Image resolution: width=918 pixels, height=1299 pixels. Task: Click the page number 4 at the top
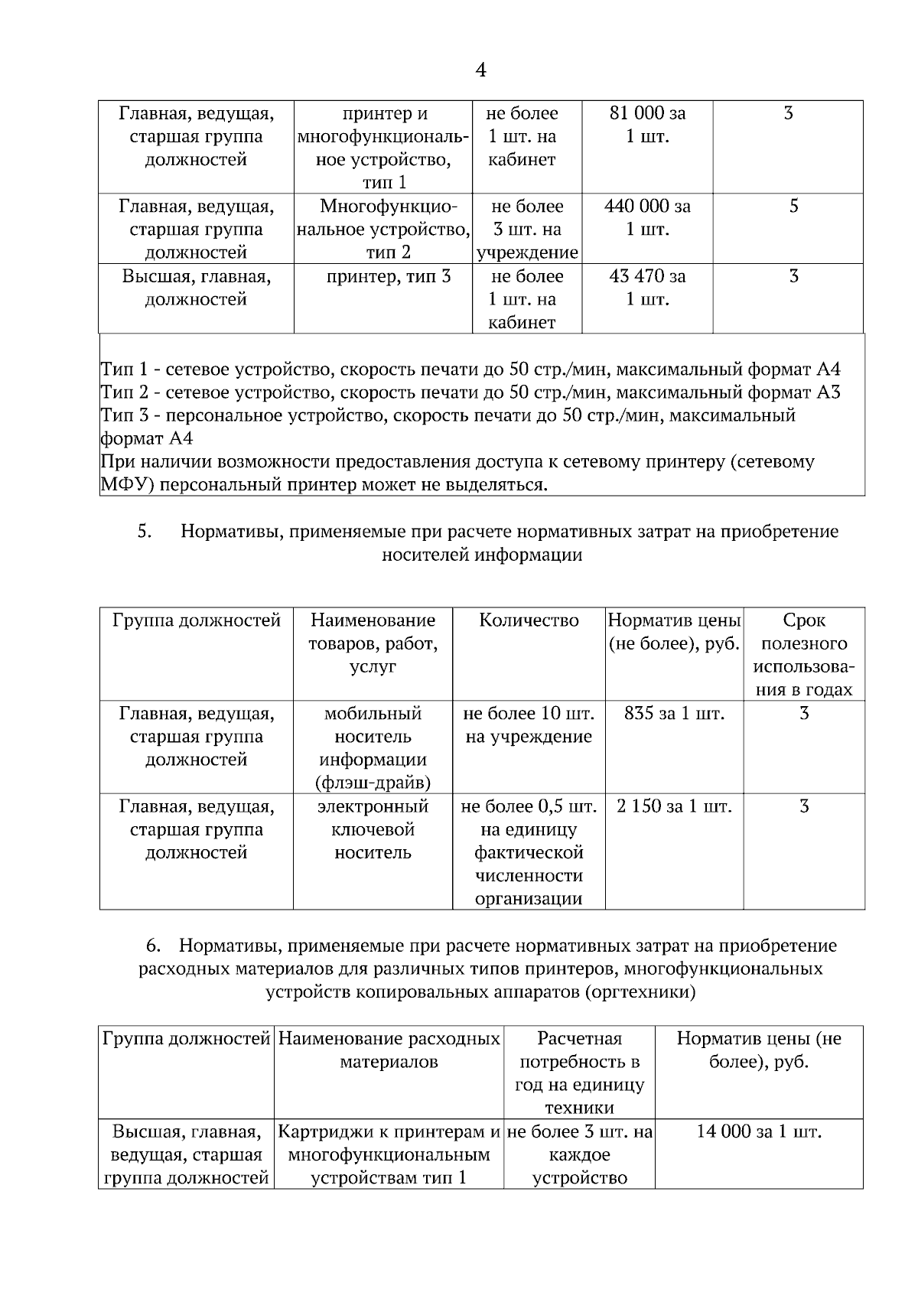(480, 70)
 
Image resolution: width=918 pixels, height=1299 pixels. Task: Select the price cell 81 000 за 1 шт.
(647, 125)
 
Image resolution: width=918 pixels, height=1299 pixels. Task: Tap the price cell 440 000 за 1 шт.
(647, 218)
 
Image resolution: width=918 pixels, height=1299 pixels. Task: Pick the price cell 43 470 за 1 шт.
(647, 288)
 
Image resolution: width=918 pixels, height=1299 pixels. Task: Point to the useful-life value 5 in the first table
(793, 207)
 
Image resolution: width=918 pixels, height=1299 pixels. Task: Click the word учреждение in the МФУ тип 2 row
(527, 253)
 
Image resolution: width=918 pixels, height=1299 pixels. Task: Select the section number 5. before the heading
(145, 532)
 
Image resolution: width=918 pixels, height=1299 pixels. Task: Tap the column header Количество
(529, 620)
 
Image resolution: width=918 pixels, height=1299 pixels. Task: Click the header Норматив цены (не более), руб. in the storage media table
(674, 632)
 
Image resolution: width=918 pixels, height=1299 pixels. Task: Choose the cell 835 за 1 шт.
(674, 714)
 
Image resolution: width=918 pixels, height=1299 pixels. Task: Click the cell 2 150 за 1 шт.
(674, 806)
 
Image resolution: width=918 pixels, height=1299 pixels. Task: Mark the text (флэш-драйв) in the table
(373, 783)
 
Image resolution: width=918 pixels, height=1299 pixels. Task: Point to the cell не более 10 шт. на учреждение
(529, 725)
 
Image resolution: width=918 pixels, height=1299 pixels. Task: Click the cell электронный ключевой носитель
(373, 829)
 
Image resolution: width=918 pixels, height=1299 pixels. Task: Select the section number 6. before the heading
(153, 946)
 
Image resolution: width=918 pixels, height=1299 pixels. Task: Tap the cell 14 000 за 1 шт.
(758, 1131)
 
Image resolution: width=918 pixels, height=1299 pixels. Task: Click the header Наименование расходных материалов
(389, 1050)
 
